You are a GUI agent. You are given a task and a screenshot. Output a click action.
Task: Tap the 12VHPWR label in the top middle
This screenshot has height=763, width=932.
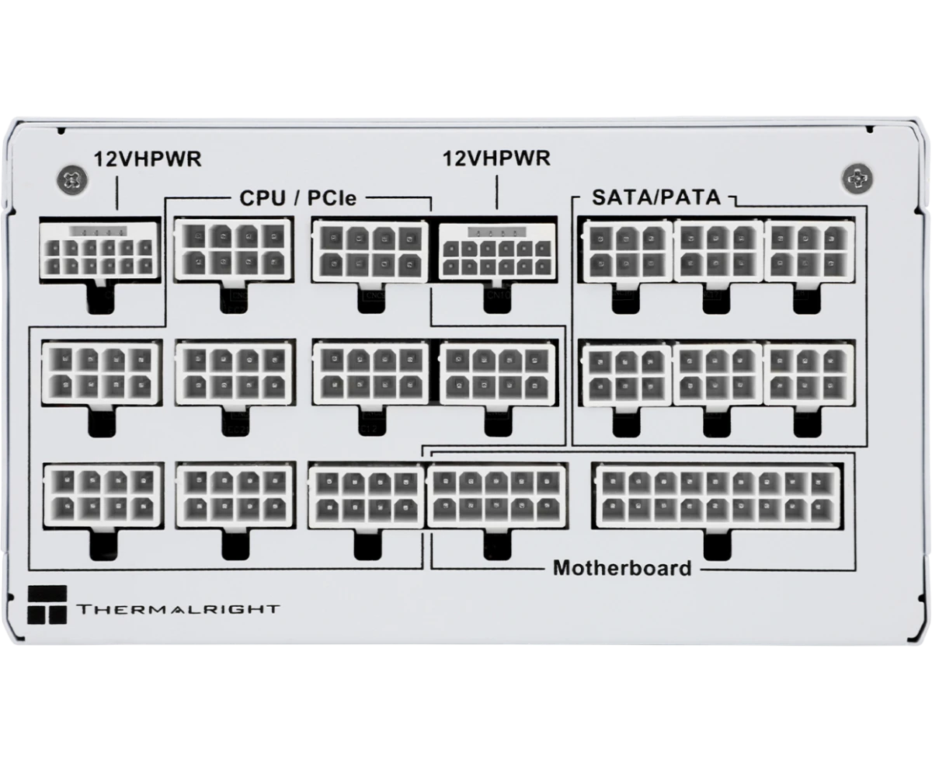pos(496,159)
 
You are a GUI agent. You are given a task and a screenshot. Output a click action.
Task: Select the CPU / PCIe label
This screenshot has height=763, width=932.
pos(297,198)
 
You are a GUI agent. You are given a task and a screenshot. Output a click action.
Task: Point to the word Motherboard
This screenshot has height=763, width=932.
pos(621,568)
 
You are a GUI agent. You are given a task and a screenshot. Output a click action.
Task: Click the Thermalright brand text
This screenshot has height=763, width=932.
pos(177,609)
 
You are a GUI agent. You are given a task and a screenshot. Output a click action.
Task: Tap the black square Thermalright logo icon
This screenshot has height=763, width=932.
pos(47,604)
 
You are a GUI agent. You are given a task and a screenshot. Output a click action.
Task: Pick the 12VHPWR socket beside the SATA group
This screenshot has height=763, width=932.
pos(497,250)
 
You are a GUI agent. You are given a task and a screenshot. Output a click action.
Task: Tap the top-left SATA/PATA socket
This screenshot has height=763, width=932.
pos(627,250)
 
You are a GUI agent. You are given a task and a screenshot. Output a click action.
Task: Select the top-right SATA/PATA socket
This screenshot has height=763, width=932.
pos(810,250)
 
